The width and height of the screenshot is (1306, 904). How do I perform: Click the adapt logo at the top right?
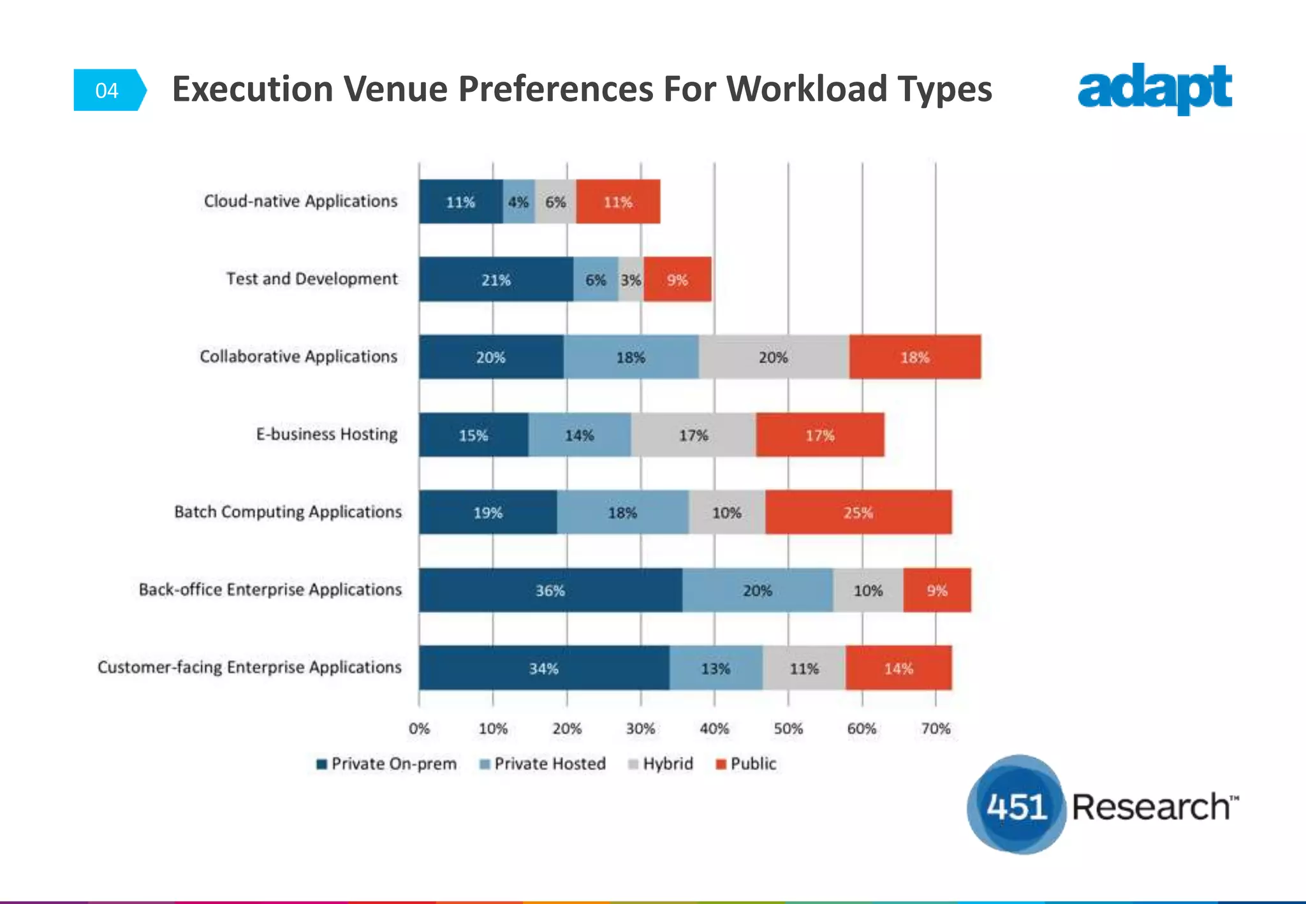tap(1154, 89)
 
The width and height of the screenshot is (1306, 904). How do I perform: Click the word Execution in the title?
tap(253, 89)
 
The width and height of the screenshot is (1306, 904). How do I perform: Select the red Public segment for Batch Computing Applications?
tap(858, 513)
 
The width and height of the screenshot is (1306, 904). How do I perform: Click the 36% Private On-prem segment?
tap(550, 590)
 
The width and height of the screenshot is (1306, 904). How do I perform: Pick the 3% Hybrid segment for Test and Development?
tap(631, 280)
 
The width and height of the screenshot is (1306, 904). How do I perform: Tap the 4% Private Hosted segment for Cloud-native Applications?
tap(518, 202)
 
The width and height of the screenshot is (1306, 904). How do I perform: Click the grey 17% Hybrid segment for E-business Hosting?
tap(693, 435)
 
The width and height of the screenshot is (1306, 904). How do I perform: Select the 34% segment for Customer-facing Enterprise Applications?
tap(544, 668)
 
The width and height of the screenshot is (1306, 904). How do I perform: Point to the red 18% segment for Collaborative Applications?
tap(914, 358)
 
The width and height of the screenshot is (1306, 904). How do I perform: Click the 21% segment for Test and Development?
tap(495, 280)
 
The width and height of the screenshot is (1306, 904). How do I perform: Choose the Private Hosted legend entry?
tap(543, 764)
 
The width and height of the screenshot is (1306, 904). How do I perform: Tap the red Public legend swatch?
tap(721, 764)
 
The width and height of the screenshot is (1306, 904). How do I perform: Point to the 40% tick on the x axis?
tap(714, 729)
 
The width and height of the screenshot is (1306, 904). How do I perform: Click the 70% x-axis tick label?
tap(935, 729)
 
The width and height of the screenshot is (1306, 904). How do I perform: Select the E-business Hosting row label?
tap(326, 434)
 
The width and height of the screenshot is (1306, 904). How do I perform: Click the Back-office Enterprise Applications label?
tap(270, 590)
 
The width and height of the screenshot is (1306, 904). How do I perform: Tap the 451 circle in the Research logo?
tap(1016, 806)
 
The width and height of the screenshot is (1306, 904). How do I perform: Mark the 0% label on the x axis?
tap(419, 729)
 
